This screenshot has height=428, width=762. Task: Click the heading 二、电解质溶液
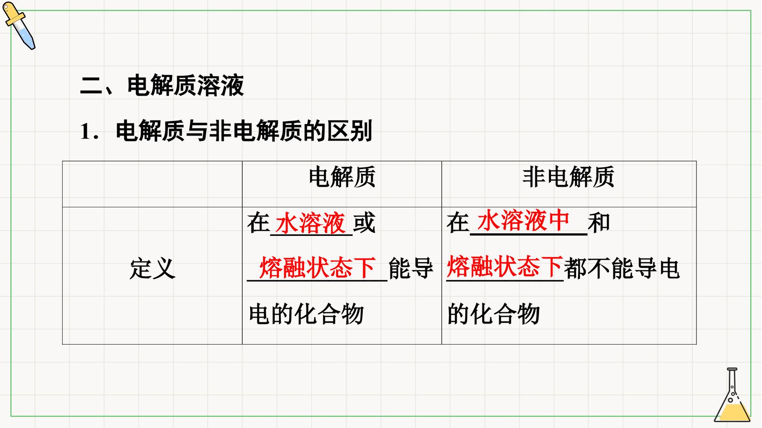pos(162,86)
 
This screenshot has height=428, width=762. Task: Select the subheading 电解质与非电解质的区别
pos(244,131)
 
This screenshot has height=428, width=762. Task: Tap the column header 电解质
pos(342,177)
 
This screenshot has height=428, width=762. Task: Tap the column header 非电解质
pos(568,177)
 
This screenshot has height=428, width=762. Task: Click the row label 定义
pos(152,269)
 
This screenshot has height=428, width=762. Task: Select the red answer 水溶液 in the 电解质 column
pos(311,223)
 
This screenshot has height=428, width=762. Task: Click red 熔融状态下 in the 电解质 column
pos(318,268)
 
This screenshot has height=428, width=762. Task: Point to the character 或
pos(364,223)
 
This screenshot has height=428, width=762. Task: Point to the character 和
pos(599,222)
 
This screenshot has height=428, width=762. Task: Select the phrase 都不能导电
pos(622,269)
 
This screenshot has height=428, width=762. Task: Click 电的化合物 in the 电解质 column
pos(306,314)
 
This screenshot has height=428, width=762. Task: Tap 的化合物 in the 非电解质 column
pos(493,314)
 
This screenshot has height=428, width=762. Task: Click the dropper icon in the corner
pos(19,26)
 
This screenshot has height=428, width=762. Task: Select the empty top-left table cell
pos(152,184)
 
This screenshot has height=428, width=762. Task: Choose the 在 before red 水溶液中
pos(458,222)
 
